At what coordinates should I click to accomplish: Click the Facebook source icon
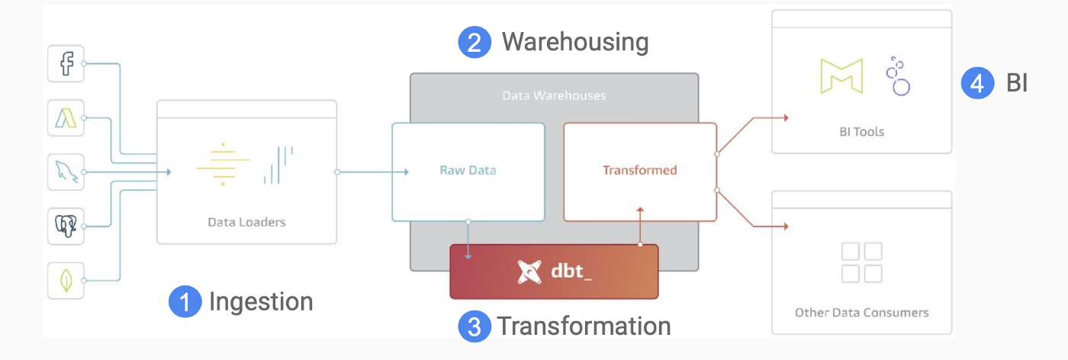click(66, 63)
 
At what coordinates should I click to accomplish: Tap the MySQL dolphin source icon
click(66, 172)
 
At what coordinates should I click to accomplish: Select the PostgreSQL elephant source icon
click(66, 226)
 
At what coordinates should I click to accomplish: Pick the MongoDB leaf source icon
click(66, 280)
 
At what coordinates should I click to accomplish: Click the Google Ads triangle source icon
click(66, 117)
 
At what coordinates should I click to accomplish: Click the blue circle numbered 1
click(184, 302)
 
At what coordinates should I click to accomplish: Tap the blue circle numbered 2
click(474, 42)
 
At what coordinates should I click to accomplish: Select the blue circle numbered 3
click(474, 326)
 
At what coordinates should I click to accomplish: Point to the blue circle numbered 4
click(976, 83)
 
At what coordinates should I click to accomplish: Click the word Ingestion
click(261, 302)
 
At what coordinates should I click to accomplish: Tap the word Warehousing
click(574, 42)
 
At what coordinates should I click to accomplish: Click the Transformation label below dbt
click(584, 326)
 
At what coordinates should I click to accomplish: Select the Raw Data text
click(468, 170)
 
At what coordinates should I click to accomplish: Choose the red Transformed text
click(639, 170)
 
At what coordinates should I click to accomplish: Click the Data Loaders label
click(246, 223)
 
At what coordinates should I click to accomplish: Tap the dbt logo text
click(571, 271)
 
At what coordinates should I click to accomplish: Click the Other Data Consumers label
click(861, 313)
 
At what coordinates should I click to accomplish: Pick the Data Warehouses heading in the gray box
click(554, 96)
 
